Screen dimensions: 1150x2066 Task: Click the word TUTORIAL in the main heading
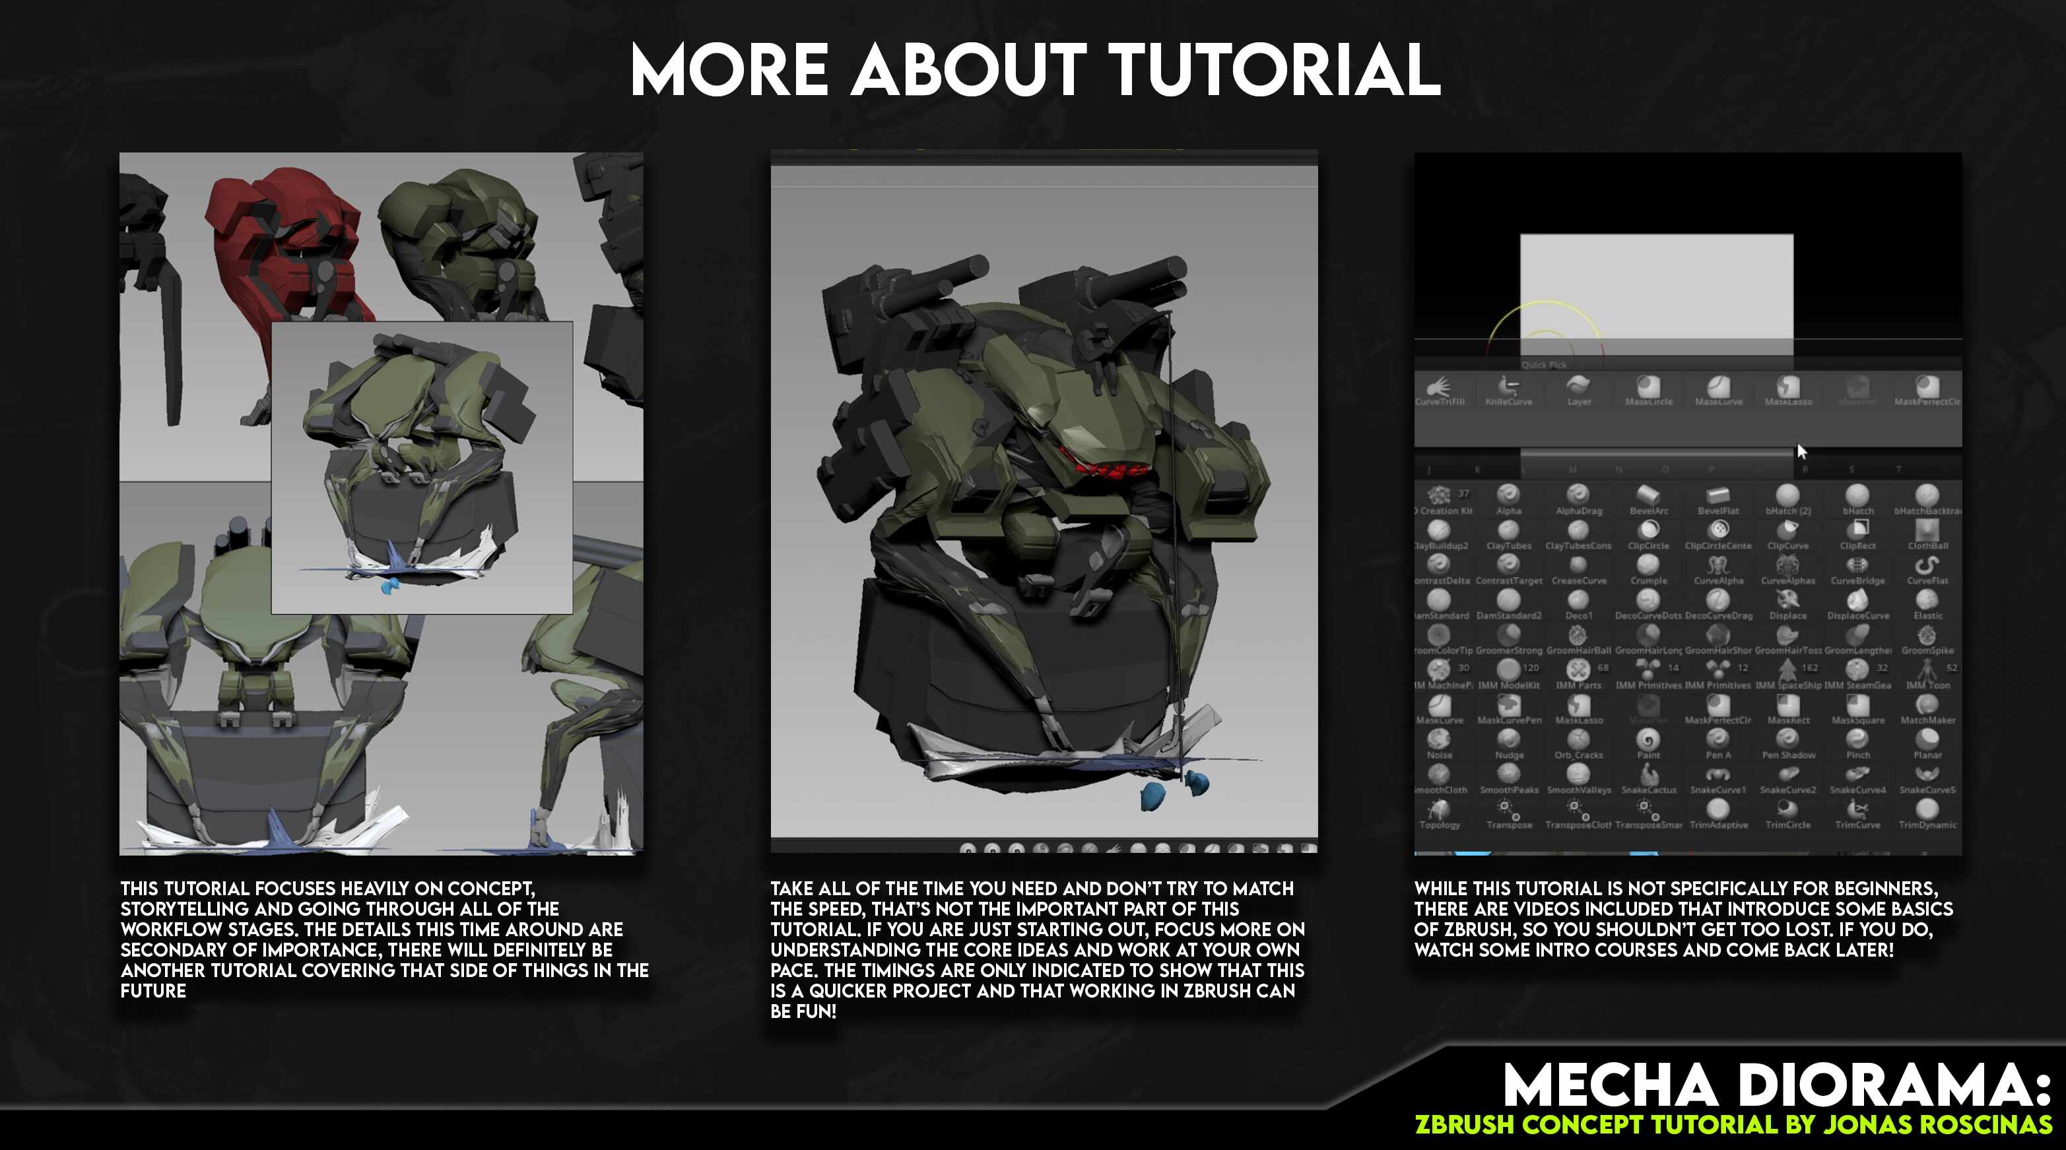(1277, 71)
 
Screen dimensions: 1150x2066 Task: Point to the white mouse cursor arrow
(1801, 451)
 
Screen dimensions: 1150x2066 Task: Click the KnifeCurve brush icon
(1509, 388)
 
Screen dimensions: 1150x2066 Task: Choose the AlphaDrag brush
(1578, 495)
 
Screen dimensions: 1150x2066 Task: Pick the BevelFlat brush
(1718, 496)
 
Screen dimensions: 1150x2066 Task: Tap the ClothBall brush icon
(1927, 530)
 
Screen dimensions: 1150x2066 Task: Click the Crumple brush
(1648, 565)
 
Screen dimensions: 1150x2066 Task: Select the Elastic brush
(1927, 600)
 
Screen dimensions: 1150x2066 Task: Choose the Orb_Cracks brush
(1578, 739)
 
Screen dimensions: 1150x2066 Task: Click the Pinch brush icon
(1857, 739)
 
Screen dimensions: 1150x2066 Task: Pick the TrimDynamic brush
(1927, 809)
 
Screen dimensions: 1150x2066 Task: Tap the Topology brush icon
(1440, 809)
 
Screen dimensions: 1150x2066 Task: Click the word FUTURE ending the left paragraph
(153, 991)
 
